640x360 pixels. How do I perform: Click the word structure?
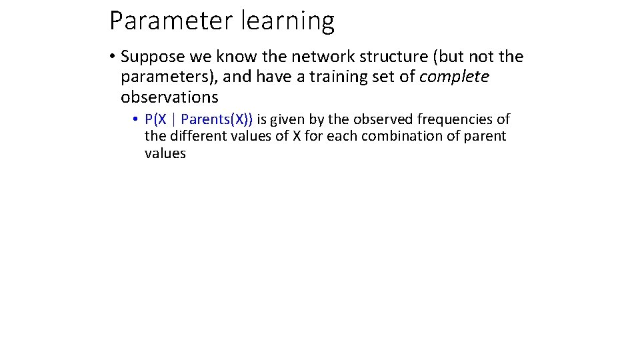386,57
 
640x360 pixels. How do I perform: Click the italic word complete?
454,77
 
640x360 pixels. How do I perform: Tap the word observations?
169,97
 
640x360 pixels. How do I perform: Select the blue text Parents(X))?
217,120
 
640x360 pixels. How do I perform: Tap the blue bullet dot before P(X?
135,120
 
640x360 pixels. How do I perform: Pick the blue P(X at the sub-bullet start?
156,120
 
